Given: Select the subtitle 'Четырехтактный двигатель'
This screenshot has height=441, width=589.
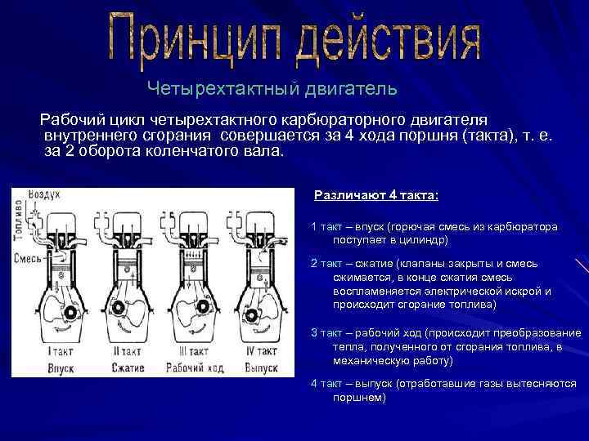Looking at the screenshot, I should tap(272, 87).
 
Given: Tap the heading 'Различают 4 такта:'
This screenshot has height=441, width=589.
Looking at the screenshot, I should tap(376, 195).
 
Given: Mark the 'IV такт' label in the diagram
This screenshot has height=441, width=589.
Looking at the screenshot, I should tap(262, 351).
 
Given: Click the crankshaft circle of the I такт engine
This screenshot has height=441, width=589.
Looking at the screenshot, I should tap(71, 313).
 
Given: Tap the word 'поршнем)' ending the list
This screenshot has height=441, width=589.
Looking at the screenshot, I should tap(358, 398).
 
